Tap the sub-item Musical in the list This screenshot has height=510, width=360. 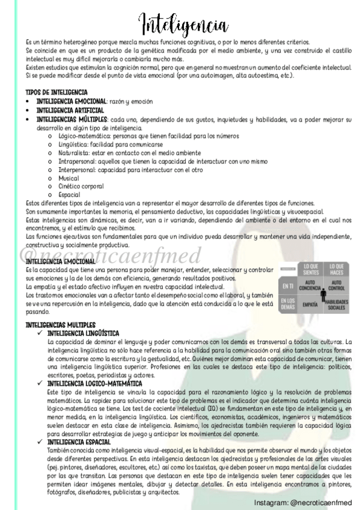64,179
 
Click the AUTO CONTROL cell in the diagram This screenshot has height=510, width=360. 337,284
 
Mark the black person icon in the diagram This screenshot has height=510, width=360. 324,295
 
